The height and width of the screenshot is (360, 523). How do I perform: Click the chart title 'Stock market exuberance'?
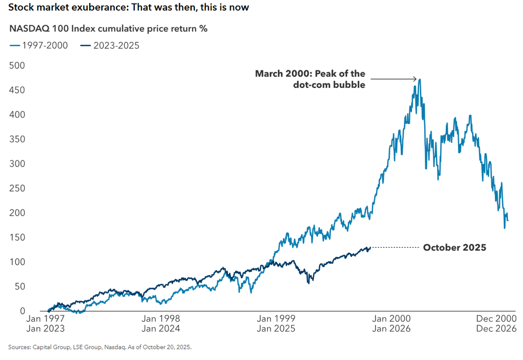click(128, 8)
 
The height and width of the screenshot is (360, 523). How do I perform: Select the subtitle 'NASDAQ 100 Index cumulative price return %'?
click(108, 28)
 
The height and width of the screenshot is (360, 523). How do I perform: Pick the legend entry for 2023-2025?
click(109, 45)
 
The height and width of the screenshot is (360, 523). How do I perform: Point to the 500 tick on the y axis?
click(17, 65)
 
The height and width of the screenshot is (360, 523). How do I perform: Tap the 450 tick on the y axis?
click(17, 90)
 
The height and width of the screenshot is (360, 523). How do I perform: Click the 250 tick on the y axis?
click(17, 188)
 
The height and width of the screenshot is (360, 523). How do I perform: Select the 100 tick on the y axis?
click(17, 262)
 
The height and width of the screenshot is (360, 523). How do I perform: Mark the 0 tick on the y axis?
click(22, 311)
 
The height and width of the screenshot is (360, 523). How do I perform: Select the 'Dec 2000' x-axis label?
click(497, 319)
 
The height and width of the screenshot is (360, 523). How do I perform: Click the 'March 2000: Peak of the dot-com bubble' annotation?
click(310, 79)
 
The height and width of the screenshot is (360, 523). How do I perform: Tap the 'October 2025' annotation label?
click(454, 248)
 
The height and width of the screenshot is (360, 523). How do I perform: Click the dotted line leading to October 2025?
click(394, 248)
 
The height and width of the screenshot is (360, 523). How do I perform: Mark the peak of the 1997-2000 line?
click(419, 79)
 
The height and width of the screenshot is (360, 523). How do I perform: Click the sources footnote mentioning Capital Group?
click(100, 347)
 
